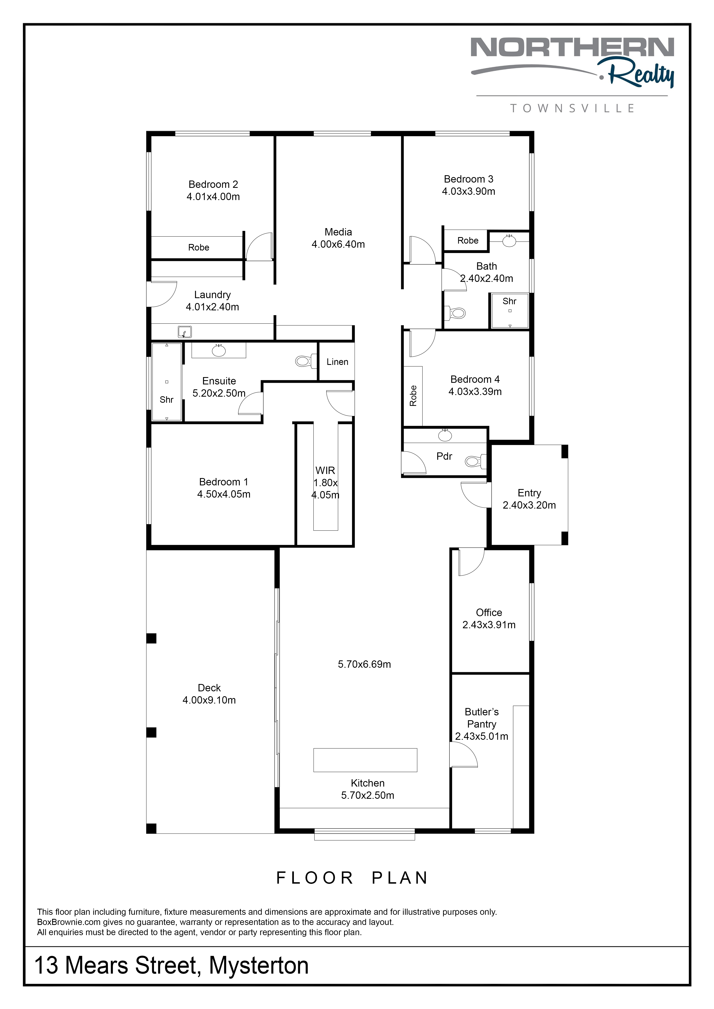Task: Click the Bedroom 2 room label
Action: point(213,185)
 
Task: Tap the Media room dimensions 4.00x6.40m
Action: point(338,244)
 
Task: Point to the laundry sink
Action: point(185,332)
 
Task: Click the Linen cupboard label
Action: point(337,362)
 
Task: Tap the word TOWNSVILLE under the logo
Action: point(572,108)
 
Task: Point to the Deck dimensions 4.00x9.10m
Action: point(209,700)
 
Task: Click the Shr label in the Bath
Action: point(510,301)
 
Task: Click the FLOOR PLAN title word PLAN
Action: point(400,878)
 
